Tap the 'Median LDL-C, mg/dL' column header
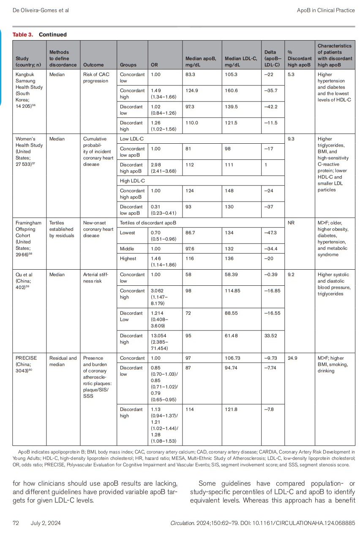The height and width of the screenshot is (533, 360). click(241, 62)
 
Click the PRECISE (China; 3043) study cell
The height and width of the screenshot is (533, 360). click(26, 364)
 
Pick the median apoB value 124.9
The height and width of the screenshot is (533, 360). click(192, 90)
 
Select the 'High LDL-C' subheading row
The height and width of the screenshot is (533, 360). click(132, 181)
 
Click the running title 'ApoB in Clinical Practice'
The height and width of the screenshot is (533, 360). click(326, 10)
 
